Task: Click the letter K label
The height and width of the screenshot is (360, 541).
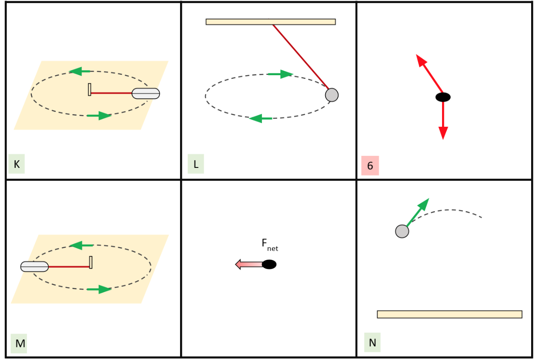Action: tap(17, 164)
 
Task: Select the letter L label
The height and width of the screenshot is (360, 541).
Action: tap(196, 164)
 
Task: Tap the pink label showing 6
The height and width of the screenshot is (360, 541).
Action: tap(370, 166)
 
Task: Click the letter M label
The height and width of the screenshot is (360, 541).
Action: tap(20, 344)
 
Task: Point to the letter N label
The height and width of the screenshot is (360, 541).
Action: tap(372, 343)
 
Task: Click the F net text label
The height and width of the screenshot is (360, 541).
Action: tap(270, 244)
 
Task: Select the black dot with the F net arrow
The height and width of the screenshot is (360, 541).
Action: tap(269, 264)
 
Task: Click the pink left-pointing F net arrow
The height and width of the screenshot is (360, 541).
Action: tap(249, 264)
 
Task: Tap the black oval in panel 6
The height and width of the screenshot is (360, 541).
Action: tap(443, 97)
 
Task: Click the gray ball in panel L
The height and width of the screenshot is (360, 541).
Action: tap(331, 95)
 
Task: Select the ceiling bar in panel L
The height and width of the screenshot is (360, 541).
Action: tap(270, 21)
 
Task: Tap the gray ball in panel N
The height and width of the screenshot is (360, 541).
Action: tap(402, 231)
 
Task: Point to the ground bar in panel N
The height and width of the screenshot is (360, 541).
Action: tap(449, 314)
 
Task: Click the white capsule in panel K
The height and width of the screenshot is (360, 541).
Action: tap(146, 93)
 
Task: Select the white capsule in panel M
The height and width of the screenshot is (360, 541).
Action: tap(34, 266)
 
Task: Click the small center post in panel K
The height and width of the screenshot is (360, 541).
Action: tap(90, 90)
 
